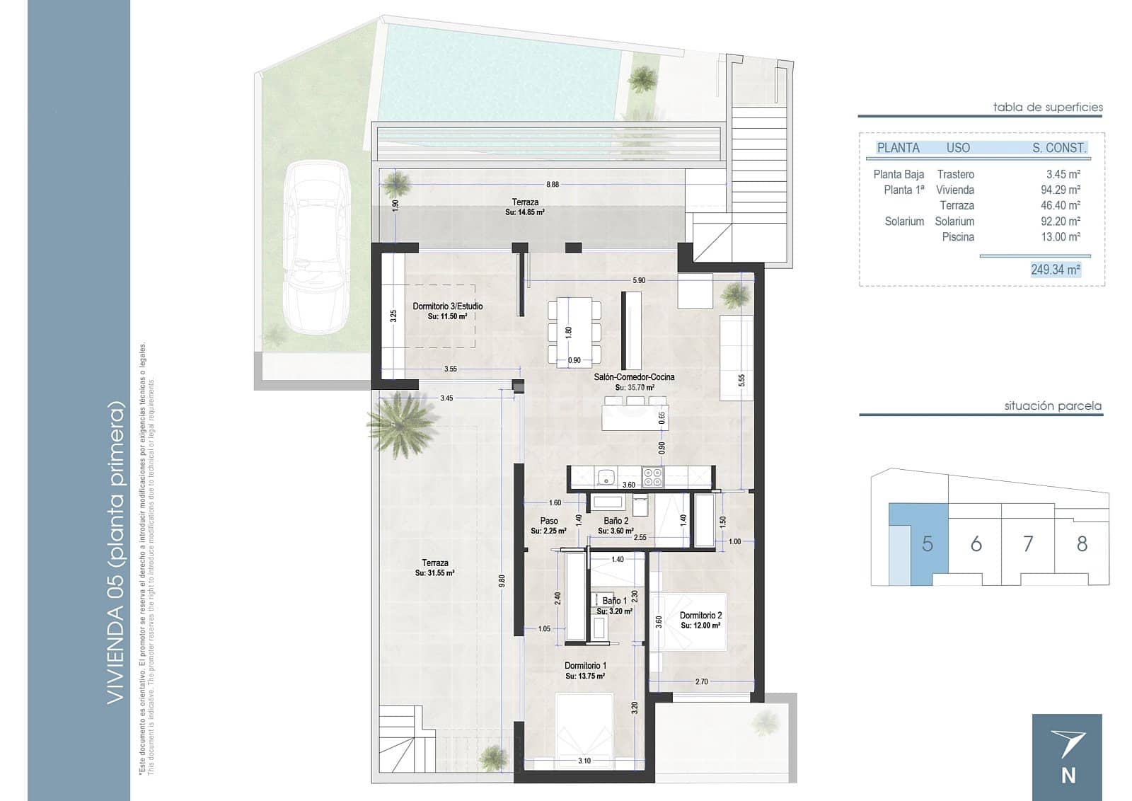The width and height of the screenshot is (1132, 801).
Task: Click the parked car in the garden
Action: (316, 248)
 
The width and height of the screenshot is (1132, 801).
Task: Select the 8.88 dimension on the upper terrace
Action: (553, 185)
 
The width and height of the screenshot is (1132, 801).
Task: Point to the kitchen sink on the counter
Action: (606, 478)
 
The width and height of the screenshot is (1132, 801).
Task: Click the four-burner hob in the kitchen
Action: (652, 477)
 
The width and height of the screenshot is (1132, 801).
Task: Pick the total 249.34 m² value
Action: (1056, 270)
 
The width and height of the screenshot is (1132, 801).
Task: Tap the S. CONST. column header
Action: (1058, 148)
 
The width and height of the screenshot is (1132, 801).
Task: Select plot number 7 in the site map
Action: (1028, 543)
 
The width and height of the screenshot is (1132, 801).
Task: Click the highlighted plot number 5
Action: (928, 543)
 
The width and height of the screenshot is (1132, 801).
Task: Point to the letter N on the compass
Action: (1068, 776)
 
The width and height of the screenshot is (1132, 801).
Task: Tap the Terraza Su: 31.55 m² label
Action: (434, 567)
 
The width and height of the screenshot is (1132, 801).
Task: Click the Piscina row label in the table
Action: (957, 237)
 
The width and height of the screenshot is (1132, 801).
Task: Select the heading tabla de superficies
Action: (1047, 108)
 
